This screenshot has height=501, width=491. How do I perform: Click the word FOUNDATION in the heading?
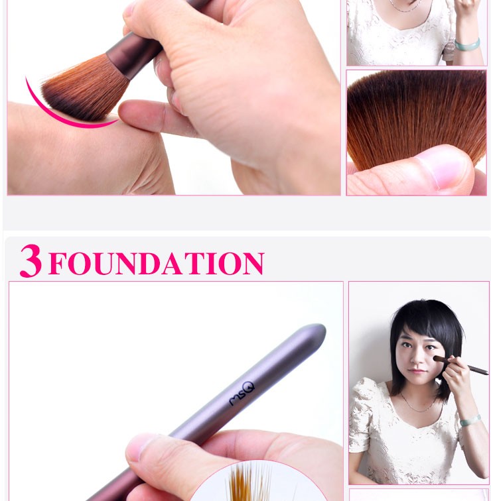(157, 263)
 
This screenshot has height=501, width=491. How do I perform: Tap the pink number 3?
(31, 260)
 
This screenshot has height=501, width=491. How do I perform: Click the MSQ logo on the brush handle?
(242, 394)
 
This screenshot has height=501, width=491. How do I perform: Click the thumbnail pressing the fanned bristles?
(445, 169)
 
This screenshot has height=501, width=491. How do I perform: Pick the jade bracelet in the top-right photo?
(467, 45)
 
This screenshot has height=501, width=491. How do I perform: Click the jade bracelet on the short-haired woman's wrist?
(470, 420)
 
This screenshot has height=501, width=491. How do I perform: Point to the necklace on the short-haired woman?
(419, 404)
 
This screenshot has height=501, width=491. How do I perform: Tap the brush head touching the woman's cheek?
(437, 359)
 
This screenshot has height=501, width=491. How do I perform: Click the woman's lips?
(418, 371)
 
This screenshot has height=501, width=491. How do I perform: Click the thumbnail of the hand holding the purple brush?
(139, 447)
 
